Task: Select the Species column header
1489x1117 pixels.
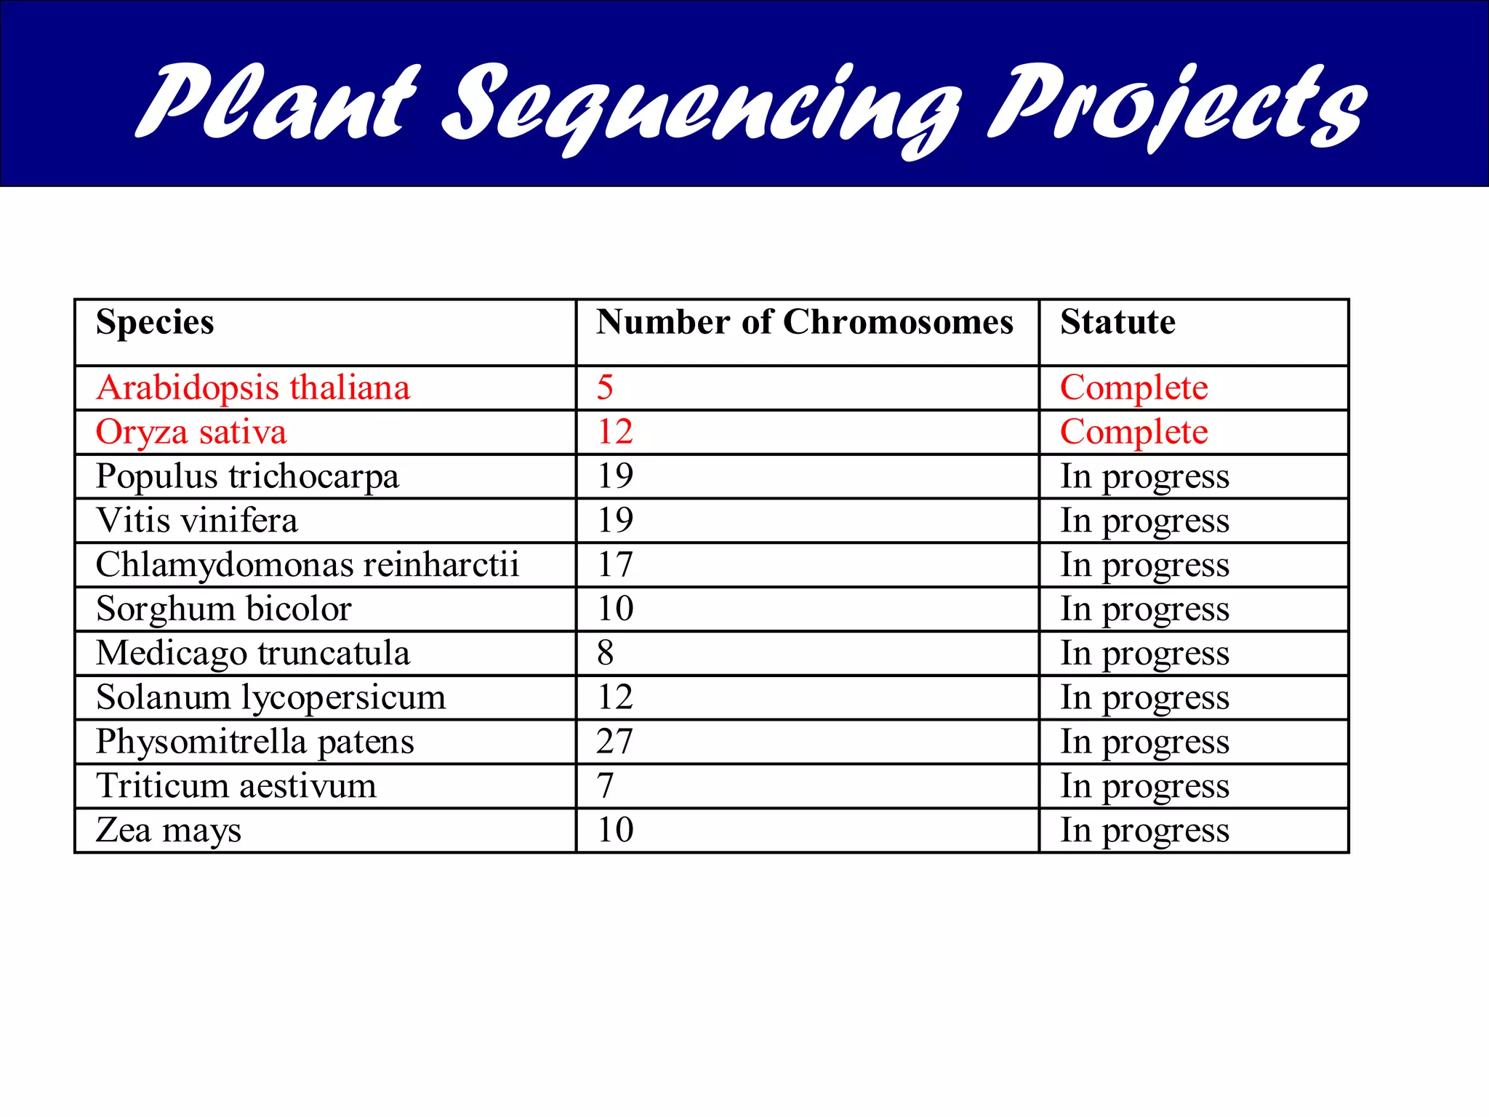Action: (x=155, y=322)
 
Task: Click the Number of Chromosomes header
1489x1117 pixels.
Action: (x=805, y=322)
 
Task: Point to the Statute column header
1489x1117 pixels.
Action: (x=1117, y=322)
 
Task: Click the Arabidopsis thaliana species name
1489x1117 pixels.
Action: (x=253, y=388)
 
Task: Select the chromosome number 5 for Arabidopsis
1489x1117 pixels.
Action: (x=605, y=388)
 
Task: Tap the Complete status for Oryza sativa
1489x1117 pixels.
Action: (x=1133, y=433)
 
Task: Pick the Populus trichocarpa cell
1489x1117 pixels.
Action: (x=247, y=477)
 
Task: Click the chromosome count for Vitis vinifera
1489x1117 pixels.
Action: (x=615, y=521)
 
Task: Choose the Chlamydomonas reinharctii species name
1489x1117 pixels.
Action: (x=308, y=565)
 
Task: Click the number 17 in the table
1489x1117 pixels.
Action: (x=615, y=565)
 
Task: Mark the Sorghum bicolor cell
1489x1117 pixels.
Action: (x=224, y=609)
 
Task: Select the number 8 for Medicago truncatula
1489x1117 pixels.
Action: (x=605, y=653)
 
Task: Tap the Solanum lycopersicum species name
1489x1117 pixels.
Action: (x=270, y=697)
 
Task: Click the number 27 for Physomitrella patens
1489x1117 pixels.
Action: (x=615, y=742)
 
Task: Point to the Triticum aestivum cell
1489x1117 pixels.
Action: (x=236, y=786)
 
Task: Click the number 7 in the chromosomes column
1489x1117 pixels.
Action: (x=605, y=786)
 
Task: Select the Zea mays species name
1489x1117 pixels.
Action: (x=168, y=830)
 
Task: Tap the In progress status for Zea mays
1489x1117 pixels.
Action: (x=1144, y=830)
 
